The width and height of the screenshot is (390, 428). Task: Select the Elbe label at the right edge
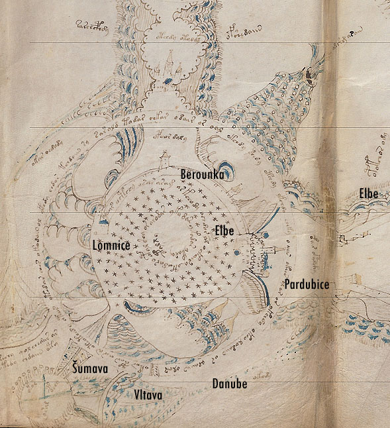tap(368, 193)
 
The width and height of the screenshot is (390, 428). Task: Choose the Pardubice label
tap(307, 284)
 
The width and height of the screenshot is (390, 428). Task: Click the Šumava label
tap(91, 368)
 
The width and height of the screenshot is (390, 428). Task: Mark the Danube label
tap(230, 384)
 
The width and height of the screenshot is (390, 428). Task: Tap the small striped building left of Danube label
tap(156, 368)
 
